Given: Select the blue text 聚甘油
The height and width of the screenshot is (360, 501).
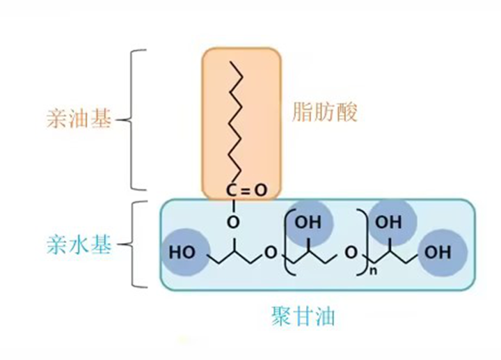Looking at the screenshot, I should tap(304, 318).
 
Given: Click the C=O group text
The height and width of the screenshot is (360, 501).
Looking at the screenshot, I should tap(247, 189).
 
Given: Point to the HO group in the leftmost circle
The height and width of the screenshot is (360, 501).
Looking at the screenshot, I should tap(182, 251).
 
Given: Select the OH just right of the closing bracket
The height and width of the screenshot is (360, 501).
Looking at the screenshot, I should tap(388, 223).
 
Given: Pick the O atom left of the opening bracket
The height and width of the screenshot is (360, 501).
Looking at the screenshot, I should tap(271, 252).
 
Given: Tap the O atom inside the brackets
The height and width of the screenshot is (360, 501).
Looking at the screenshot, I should tap(351, 251).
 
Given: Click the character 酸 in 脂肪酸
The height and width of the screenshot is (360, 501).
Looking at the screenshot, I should tap(348, 111).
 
